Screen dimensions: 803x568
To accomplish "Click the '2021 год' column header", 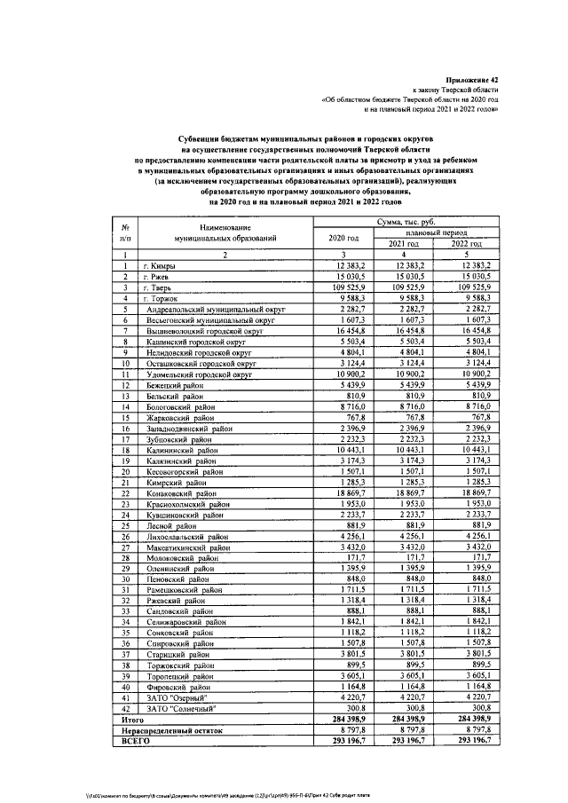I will pos(405,244).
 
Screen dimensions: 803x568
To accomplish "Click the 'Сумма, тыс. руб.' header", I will pos(404,221).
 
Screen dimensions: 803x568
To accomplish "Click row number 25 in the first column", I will pos(127,526).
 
